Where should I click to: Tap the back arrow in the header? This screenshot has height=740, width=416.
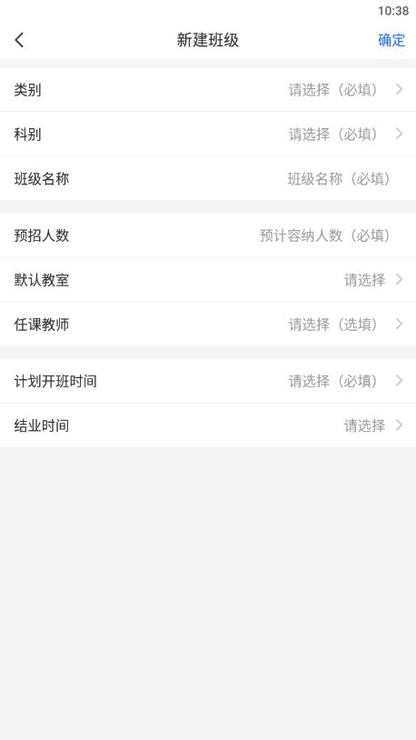19,40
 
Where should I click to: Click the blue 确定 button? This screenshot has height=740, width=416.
391,40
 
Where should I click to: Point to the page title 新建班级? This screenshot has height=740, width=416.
208,40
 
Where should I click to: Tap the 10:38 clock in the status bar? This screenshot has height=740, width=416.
393,11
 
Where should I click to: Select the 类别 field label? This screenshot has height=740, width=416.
27,90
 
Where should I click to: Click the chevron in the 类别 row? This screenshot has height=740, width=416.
399,89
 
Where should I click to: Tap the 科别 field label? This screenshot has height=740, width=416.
27,134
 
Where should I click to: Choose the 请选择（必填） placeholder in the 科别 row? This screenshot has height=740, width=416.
336,134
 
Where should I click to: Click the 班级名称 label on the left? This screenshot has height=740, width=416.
42,179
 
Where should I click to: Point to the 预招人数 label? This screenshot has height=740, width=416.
42,235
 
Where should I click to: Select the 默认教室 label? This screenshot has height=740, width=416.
42,280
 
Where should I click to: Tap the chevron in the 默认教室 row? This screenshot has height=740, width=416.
399,279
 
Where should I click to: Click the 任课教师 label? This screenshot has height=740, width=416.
42,325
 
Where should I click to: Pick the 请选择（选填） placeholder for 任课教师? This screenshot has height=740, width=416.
336,325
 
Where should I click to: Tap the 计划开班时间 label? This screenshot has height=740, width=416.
55,381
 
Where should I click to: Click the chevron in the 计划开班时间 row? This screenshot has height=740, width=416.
399,380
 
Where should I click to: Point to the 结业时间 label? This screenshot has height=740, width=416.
42,425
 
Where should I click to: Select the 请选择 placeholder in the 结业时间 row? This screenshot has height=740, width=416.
364,425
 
